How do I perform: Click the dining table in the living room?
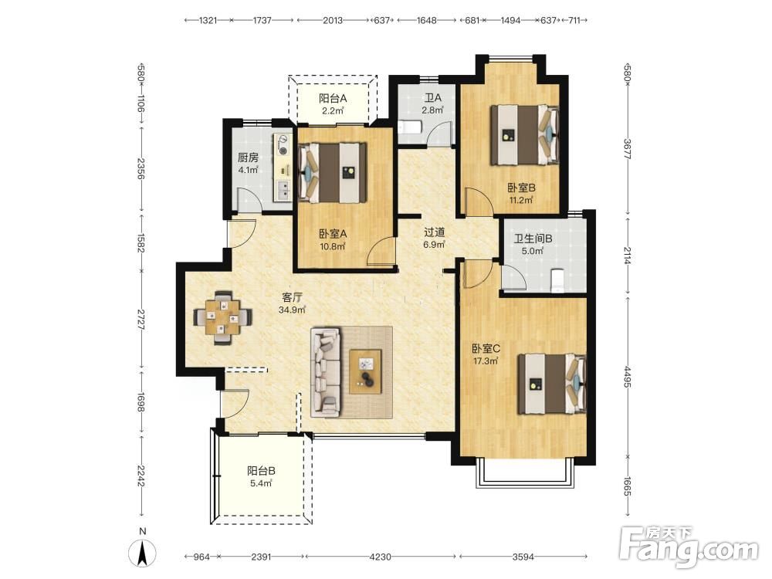(223, 317)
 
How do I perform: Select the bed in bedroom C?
(551, 384)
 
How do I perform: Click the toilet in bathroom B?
(557, 280)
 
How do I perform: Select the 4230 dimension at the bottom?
(380, 557)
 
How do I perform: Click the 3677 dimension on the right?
(627, 149)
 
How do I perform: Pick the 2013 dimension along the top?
(333, 20)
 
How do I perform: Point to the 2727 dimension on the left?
(141, 320)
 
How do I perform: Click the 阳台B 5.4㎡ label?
(261, 476)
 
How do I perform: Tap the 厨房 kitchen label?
(248, 157)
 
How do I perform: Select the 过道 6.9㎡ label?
(435, 238)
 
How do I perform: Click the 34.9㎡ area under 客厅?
(292, 310)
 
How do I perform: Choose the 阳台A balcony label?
(333, 99)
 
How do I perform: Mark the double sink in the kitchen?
(283, 190)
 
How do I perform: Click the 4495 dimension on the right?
(627, 376)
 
